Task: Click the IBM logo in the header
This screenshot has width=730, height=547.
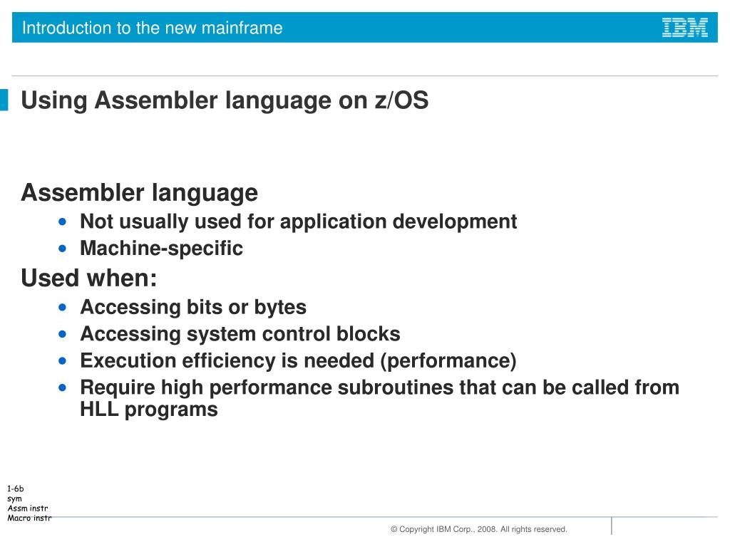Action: coord(684,28)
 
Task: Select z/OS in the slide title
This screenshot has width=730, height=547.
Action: coord(402,101)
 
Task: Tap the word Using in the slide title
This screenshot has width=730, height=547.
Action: coord(53,101)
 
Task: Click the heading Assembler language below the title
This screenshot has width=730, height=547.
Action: coord(139,193)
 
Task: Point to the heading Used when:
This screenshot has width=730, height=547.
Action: coord(89,278)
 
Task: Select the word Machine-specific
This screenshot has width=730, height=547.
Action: coord(161,249)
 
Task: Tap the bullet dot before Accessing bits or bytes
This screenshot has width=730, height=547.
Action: coord(64,308)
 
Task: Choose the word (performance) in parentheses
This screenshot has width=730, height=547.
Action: coord(448,361)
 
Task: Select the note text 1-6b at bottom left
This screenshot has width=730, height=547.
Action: coord(16,489)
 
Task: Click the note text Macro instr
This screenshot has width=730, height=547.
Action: coord(29,518)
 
